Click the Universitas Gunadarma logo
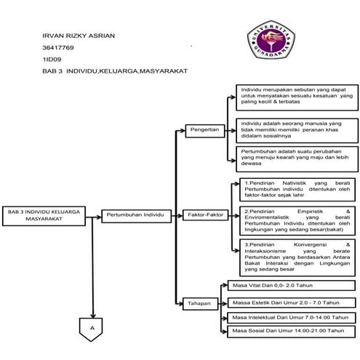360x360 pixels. [272, 42]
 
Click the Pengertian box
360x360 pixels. [204, 129]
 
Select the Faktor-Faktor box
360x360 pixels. [205, 216]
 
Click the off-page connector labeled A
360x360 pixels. [92, 329]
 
